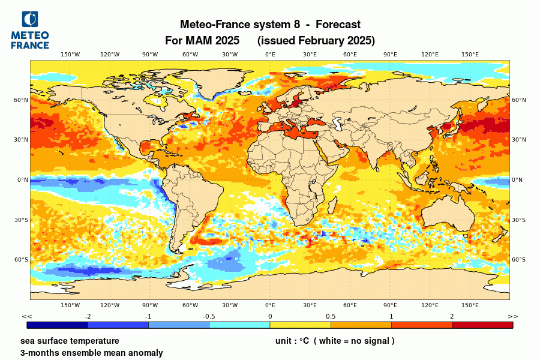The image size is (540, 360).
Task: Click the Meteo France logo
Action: pos(30,29)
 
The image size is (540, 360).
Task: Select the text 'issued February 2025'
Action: pos(316,41)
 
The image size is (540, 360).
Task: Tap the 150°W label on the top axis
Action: pos(70,55)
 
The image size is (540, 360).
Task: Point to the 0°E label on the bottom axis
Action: pos(270,305)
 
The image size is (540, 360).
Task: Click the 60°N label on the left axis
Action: pos(22,100)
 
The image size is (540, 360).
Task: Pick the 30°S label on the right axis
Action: pos(518,220)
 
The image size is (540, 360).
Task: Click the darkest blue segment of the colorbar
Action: pos(58,325)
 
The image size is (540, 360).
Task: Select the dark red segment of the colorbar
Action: pos(482,325)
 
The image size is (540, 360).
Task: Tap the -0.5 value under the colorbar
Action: pos(209,316)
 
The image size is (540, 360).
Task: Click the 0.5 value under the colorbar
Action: pos(331,316)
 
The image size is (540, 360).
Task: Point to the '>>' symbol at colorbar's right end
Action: pos(512,316)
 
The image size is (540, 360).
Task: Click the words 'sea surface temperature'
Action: pos(70,341)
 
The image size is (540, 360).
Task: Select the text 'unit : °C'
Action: pos(292,341)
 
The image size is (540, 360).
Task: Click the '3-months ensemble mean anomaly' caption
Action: pos(91,353)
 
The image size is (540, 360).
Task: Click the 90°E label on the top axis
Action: pos(390,55)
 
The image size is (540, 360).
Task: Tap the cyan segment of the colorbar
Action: pos(239,325)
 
